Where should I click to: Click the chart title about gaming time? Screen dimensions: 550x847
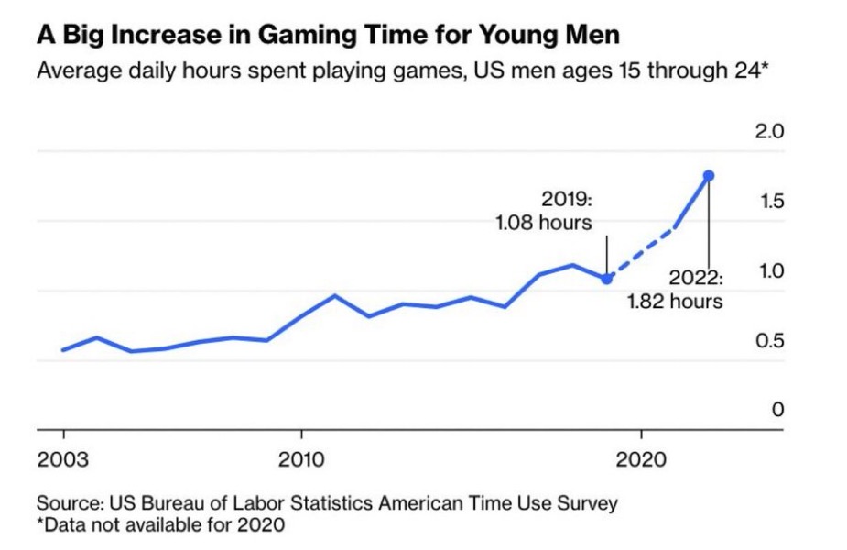[x=328, y=36]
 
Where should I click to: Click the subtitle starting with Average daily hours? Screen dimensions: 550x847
[x=402, y=71]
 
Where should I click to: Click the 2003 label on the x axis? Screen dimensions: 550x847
[x=63, y=458]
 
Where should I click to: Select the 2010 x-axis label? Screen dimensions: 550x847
[x=303, y=458]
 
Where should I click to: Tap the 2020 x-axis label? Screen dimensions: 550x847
[x=642, y=458]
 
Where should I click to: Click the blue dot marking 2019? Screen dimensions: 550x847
[x=607, y=278]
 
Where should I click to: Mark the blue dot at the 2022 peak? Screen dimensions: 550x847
[x=709, y=175]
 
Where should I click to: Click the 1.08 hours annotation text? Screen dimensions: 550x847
[x=543, y=223]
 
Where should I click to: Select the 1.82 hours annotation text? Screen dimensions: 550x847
[x=675, y=301]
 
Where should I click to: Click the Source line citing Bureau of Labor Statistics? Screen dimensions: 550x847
[x=327, y=502]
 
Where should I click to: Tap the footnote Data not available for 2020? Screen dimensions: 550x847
[x=160, y=525]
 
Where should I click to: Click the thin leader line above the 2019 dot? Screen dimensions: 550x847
[x=607, y=252]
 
